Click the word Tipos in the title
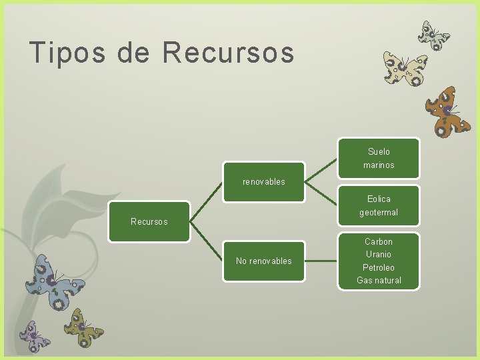(67, 53)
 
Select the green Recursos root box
(149, 221)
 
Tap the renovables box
(264, 181)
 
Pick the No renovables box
(264, 261)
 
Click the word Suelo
(379, 151)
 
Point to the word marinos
(379, 165)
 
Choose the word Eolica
(379, 199)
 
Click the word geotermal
(379, 213)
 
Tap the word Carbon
(379, 241)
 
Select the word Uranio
(379, 254)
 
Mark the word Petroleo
(379, 267)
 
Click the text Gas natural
(379, 281)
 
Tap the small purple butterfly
(33, 336)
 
